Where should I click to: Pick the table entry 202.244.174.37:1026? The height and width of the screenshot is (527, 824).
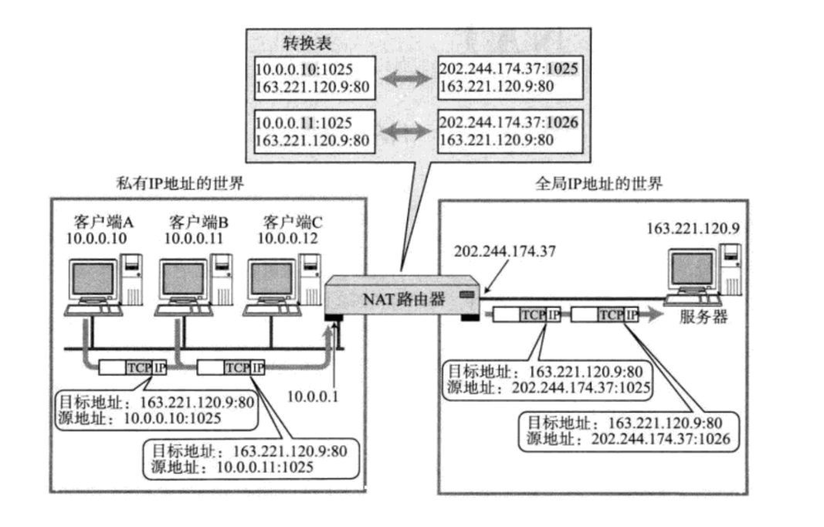coord(508,122)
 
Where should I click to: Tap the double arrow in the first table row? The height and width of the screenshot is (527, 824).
coord(405,77)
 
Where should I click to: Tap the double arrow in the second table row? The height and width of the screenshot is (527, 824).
coord(405,131)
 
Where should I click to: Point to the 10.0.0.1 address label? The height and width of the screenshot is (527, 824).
coord(313,397)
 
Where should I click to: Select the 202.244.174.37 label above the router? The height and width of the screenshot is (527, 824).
coord(504,251)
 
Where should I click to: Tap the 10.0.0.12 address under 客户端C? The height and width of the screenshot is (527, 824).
coord(287,238)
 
